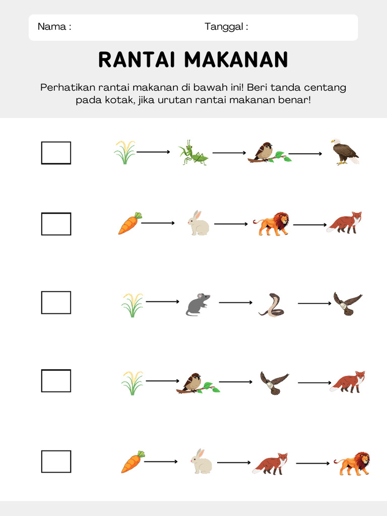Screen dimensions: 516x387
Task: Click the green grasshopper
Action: (x=193, y=153)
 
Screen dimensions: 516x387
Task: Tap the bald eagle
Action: (x=344, y=152)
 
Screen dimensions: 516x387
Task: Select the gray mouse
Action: (x=198, y=304)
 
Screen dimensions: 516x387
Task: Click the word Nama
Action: (x=52, y=27)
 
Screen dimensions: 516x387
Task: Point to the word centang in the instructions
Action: (x=327, y=88)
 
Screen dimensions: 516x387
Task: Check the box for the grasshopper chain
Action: (x=56, y=153)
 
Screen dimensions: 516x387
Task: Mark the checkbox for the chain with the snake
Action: (x=56, y=302)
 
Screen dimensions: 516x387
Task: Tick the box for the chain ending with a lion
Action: (x=56, y=461)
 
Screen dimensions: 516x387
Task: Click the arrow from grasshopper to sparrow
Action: (x=229, y=152)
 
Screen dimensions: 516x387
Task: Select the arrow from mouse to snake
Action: (x=236, y=302)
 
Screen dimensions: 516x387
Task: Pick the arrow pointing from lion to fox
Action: (x=310, y=224)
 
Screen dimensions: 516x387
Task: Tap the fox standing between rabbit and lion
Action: (x=270, y=463)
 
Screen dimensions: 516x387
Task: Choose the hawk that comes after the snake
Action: (x=348, y=303)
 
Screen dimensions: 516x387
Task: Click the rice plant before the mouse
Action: (x=132, y=305)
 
